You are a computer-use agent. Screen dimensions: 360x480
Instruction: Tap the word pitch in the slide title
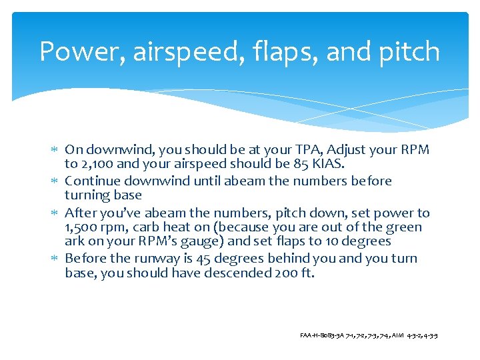tap(410, 52)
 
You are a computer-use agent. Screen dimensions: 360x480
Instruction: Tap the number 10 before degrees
tap(326, 241)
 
